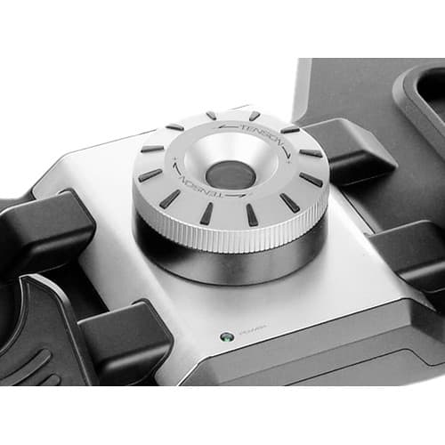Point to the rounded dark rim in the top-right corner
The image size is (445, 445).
coord(418,98)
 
